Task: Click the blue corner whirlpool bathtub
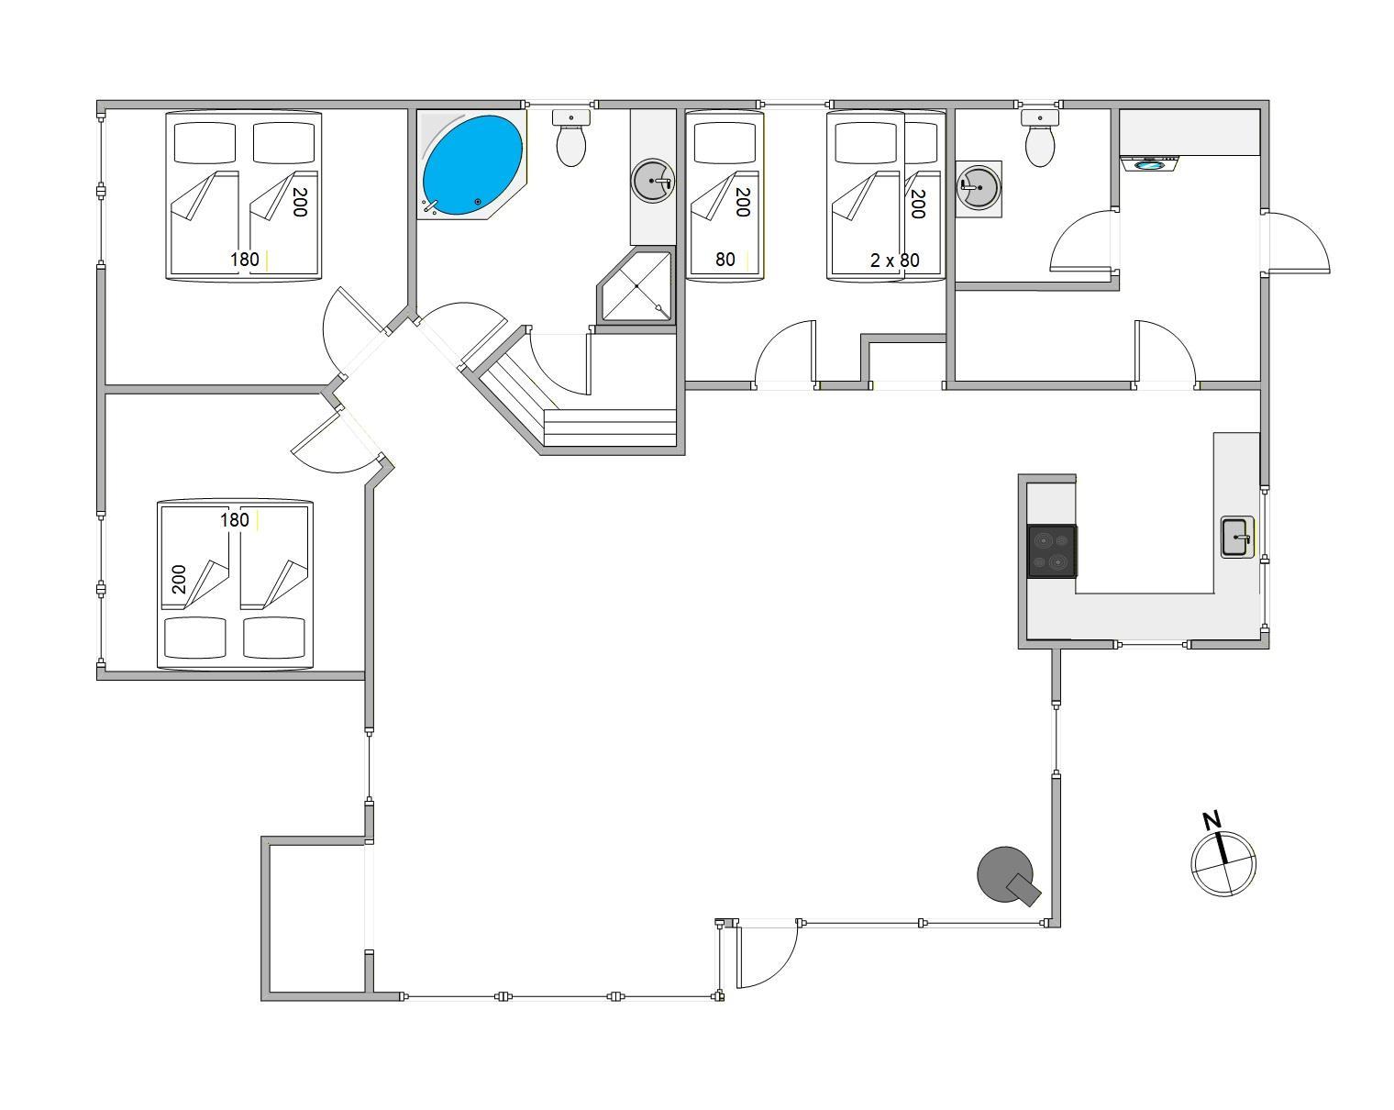(472, 164)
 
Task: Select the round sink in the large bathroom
(652, 182)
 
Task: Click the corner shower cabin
(636, 285)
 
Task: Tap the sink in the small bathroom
(979, 188)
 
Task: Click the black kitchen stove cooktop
(1052, 550)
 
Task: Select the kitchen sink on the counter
(1237, 537)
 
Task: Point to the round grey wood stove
(1007, 875)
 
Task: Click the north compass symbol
(1223, 864)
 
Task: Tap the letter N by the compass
(1211, 821)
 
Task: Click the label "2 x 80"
(894, 261)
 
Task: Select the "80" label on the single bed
(725, 260)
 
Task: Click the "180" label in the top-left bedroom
(245, 260)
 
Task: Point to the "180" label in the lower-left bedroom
(235, 520)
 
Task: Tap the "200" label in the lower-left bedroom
(179, 579)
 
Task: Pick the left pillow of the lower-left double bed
(195, 638)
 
